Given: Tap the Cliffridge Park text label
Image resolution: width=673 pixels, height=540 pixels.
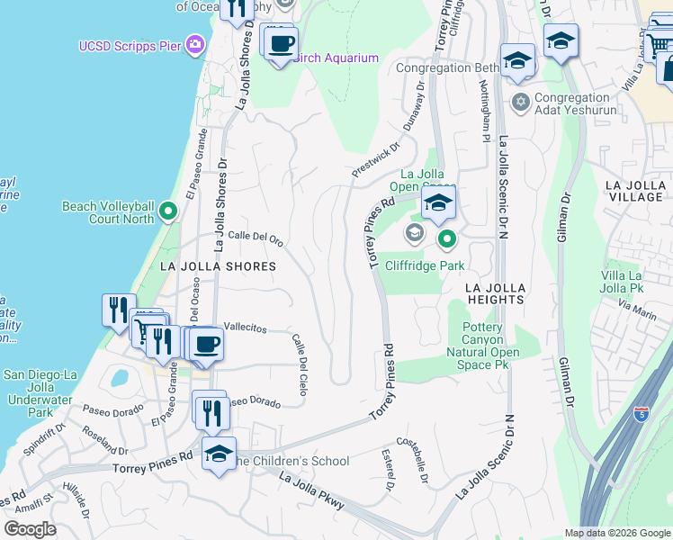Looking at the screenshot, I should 425,265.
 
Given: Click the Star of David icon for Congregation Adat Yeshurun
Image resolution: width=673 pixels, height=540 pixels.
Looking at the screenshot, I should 520,98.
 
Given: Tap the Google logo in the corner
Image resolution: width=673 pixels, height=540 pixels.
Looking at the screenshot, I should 31,529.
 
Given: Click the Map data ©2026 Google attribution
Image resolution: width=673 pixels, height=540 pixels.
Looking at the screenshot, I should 617,533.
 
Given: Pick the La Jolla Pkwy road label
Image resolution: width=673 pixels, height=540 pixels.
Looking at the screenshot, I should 311,491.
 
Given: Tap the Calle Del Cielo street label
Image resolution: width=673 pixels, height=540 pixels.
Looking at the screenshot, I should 300,364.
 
